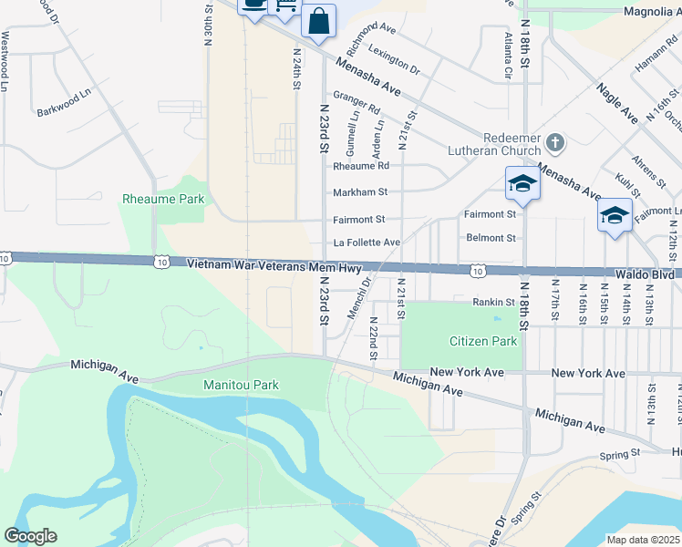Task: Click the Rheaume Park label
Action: (164, 199)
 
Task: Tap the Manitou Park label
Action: (240, 386)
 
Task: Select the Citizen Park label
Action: (483, 342)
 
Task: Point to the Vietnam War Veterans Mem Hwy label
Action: (274, 265)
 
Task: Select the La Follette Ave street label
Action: (367, 243)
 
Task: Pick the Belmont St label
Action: (491, 238)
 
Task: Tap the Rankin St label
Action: (494, 302)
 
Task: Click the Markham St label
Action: (360, 192)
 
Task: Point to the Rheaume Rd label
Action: (361, 166)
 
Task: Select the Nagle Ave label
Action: (616, 101)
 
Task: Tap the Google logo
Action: (31, 536)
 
